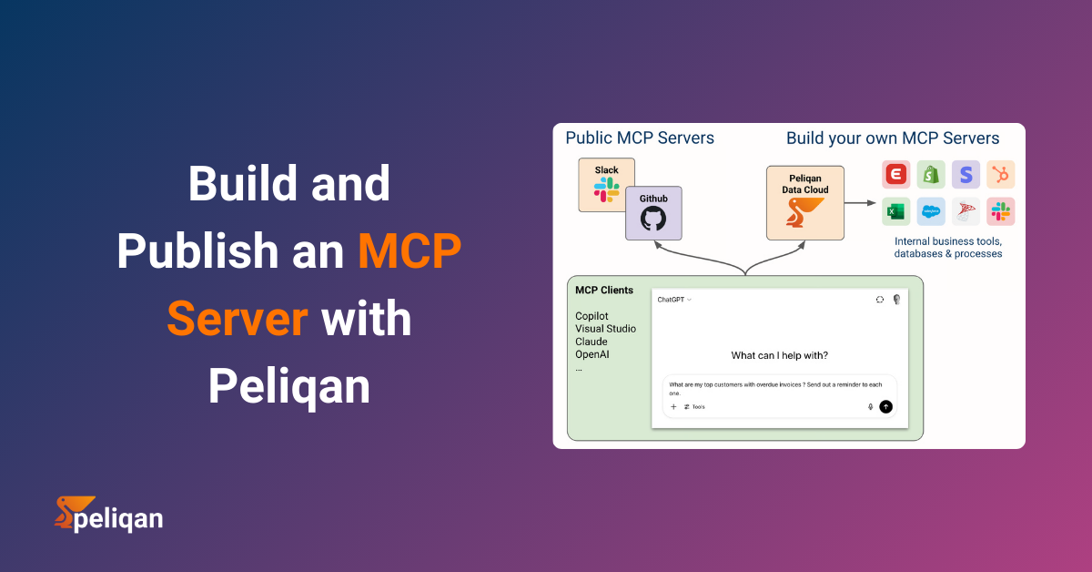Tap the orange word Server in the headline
237,319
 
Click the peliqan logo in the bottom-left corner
108,515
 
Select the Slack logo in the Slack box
606,189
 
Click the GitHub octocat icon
652,219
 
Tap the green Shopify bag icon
931,175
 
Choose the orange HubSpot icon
1001,175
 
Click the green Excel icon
895,211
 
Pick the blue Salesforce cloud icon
931,211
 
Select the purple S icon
966,175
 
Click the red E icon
895,175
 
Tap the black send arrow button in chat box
885,407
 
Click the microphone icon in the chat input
870,407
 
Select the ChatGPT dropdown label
674,300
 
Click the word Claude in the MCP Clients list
591,342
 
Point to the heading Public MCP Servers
640,138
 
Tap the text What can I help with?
779,355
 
